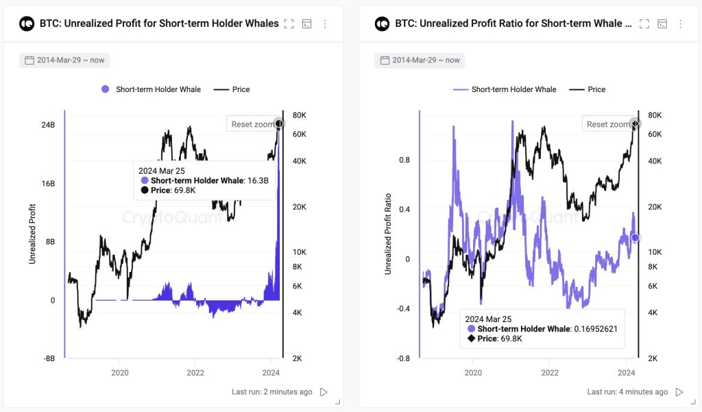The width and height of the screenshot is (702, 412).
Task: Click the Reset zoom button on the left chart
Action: [x=251, y=124]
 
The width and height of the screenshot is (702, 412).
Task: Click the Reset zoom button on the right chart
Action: [x=607, y=124]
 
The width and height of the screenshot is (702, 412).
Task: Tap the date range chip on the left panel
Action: [x=64, y=60]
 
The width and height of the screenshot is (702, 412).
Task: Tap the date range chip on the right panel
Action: [x=420, y=60]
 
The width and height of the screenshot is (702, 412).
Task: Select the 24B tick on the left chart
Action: [x=48, y=126]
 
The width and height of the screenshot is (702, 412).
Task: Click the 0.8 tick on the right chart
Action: [x=404, y=160]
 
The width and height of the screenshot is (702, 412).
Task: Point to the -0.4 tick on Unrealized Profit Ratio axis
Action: [x=402, y=308]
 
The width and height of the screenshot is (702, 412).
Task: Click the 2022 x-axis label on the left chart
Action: [x=195, y=372]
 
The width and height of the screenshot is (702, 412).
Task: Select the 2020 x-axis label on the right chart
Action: [x=473, y=372]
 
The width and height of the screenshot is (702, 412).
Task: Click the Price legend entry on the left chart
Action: [x=232, y=89]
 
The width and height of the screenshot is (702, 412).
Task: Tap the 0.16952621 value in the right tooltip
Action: [x=595, y=329]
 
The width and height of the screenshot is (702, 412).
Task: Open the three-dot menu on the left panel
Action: [x=325, y=24]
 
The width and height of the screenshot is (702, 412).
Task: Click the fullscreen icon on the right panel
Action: [x=644, y=24]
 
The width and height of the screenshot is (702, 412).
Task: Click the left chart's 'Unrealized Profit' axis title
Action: [x=32, y=234]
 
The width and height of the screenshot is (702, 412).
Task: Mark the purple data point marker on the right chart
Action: [x=635, y=238]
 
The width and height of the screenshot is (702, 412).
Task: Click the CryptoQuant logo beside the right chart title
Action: [x=382, y=24]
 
